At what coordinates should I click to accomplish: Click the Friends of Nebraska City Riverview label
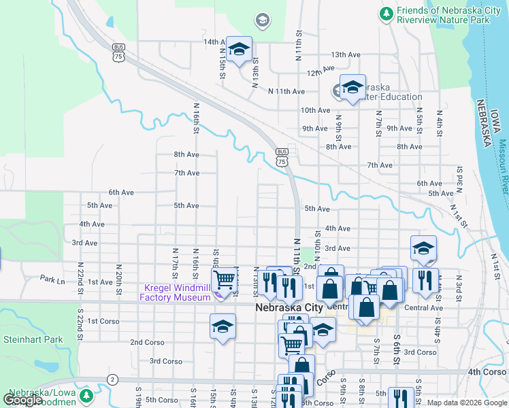[448, 16]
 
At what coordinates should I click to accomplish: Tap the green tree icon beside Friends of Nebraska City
[386, 12]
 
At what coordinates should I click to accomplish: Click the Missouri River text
[502, 167]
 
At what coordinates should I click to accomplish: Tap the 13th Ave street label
[345, 54]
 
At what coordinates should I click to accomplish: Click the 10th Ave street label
[315, 109]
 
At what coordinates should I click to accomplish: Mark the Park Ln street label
[52, 279]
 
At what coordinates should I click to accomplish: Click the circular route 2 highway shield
[112, 379]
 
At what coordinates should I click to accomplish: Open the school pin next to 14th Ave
[239, 50]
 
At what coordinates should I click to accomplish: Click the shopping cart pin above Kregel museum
[224, 279]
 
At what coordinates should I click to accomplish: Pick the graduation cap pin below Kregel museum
[223, 328]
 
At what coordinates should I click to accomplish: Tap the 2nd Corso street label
[146, 342]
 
